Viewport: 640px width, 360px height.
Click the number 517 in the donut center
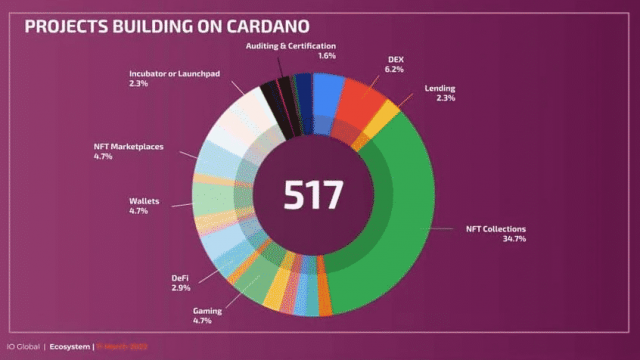click(313, 194)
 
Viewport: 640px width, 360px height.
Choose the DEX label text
click(396, 60)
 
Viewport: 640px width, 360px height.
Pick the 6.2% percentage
click(396, 71)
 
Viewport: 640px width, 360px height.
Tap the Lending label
click(440, 87)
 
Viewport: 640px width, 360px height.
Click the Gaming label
click(208, 311)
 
